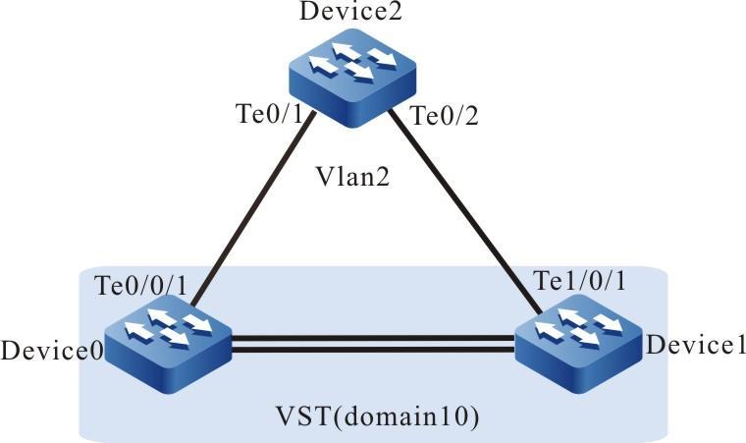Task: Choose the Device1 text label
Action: pyautogui.click(x=696, y=345)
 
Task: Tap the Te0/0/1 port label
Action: pyautogui.click(x=146, y=285)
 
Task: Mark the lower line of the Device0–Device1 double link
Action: pyautogui.click(x=373, y=348)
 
